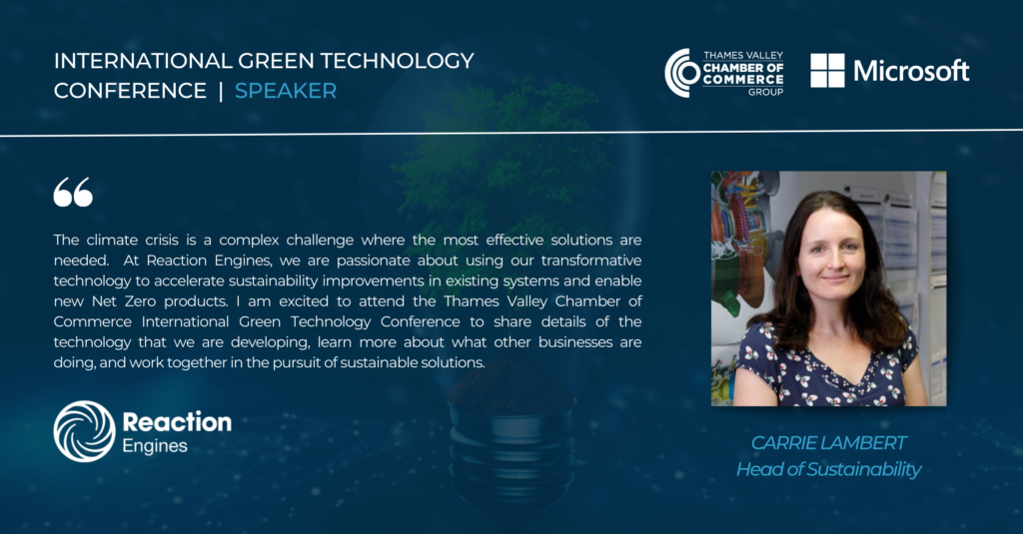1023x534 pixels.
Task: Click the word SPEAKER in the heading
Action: [x=286, y=91]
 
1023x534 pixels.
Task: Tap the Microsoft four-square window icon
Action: [x=827, y=71]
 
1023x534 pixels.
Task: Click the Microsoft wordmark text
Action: [x=911, y=71]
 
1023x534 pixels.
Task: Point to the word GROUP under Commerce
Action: [x=765, y=92]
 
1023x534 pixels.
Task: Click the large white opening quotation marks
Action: [x=73, y=192]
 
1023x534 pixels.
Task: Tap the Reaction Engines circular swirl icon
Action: [x=84, y=431]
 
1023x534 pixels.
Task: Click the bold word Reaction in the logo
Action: [x=177, y=422]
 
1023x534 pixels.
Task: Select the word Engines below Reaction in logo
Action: [x=155, y=446]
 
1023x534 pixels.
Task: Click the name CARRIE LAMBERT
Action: [x=828, y=443]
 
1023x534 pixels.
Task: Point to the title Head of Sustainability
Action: [x=828, y=469]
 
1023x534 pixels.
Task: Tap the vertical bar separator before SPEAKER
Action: [x=221, y=91]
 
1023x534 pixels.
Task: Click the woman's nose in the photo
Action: [x=833, y=260]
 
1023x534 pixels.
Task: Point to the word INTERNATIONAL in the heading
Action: [x=143, y=61]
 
